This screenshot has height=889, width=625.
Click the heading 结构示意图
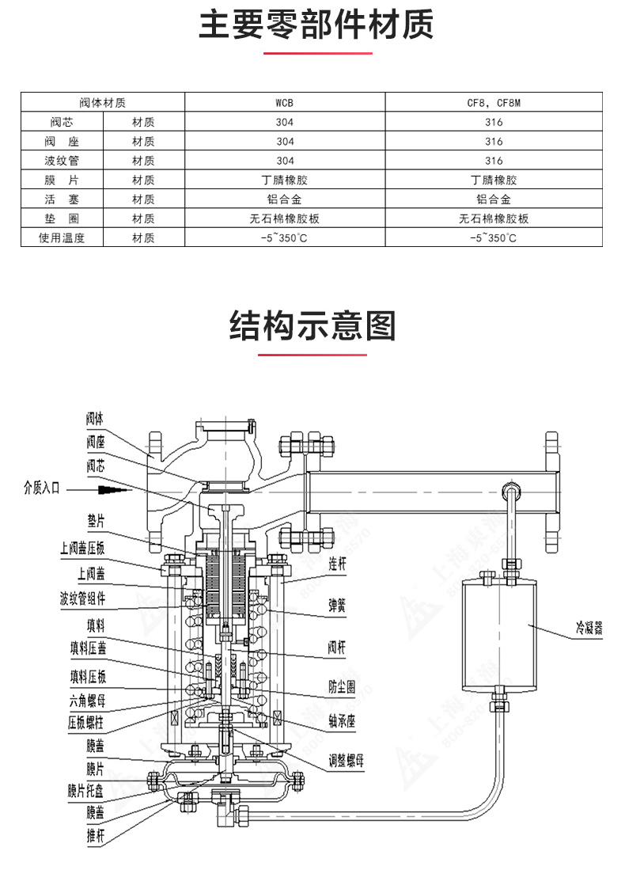pos(312,325)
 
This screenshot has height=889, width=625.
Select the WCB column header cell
pos(285,103)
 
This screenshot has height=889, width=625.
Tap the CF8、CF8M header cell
pos(494,103)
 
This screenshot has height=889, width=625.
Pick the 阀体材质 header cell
pos(103,103)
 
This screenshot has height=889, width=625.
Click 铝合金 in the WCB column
pos(285,199)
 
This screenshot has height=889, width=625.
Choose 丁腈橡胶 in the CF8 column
pos(494,180)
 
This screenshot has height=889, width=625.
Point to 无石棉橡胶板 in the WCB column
pos(285,218)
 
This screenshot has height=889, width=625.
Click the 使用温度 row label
pos(62,237)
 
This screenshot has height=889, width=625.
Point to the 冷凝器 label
pos(589,631)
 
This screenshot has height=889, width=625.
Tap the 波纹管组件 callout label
pos(82,598)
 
